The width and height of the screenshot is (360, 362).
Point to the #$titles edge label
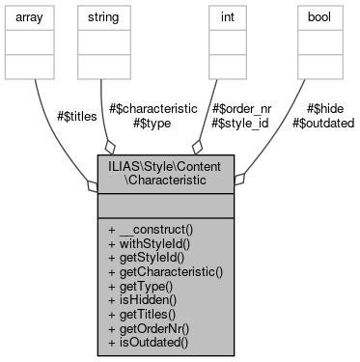pos(73,116)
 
